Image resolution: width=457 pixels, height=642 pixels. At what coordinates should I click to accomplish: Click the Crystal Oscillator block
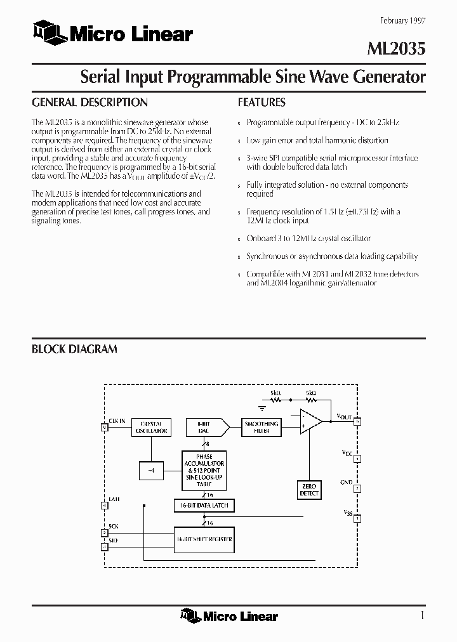coord(152,427)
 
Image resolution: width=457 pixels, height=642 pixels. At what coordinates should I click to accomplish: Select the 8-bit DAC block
coord(202,427)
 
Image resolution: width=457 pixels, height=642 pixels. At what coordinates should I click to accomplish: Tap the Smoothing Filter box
coord(261,427)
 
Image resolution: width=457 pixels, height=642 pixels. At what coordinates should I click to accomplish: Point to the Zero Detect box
coord(309,490)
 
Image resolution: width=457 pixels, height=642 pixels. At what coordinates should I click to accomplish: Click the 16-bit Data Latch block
coord(204,506)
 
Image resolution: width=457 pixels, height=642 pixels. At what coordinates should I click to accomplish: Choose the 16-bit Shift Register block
coord(204,539)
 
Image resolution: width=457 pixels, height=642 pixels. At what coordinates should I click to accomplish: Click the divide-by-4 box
coord(150,470)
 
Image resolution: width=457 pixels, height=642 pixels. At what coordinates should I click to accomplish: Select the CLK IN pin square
coord(105,428)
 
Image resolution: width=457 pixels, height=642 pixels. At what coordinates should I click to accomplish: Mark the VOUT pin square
coord(358,421)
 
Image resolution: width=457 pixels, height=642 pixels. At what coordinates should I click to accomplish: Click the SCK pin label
coord(114,527)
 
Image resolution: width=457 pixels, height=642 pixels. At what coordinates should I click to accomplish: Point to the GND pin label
coord(346,483)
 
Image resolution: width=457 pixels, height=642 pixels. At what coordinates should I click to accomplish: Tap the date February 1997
coord(402,20)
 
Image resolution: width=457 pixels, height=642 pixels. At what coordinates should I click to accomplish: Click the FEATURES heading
coord(262,102)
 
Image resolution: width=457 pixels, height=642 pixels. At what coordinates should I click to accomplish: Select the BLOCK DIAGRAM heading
coord(74,349)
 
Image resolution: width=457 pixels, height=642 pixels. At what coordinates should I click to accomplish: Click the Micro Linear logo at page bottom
coord(229,615)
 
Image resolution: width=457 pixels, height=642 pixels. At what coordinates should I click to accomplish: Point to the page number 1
coord(422,615)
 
